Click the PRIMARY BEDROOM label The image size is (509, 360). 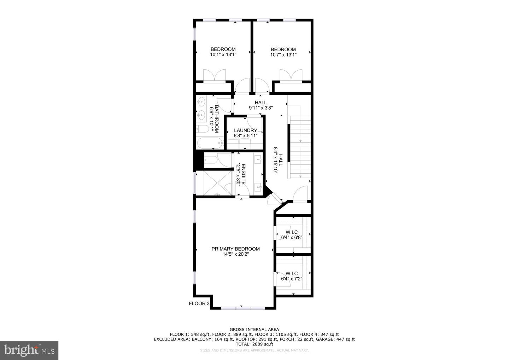(x=235, y=249)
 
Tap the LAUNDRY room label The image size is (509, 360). (x=245, y=130)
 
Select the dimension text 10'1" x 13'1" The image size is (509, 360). (x=223, y=55)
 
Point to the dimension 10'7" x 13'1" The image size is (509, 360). (x=283, y=55)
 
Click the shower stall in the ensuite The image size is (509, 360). (x=215, y=183)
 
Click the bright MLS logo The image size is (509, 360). (x=29, y=350)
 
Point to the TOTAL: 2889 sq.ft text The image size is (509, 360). (x=254, y=344)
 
